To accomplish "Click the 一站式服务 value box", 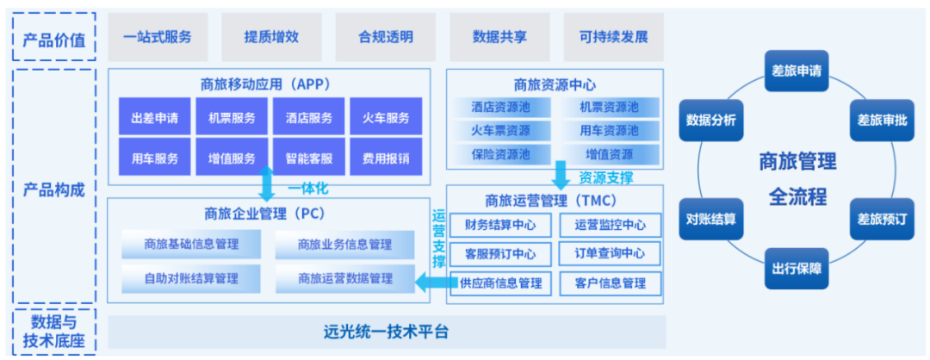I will click(158, 37).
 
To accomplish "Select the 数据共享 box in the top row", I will click(499, 37).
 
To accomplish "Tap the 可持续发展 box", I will click(612, 37).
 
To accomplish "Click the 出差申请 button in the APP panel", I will click(155, 117).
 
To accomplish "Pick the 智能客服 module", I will click(308, 158).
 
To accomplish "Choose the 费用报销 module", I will click(386, 158).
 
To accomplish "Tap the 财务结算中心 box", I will click(499, 226).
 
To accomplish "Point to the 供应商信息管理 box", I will click(499, 282).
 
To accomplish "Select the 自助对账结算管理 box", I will click(191, 278).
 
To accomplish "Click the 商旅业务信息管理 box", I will click(344, 245).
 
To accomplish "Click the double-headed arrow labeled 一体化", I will click(267, 183).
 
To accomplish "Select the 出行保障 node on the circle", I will click(796, 269).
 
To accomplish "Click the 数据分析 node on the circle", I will click(710, 120).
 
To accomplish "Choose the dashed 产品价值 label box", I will click(53, 37).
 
